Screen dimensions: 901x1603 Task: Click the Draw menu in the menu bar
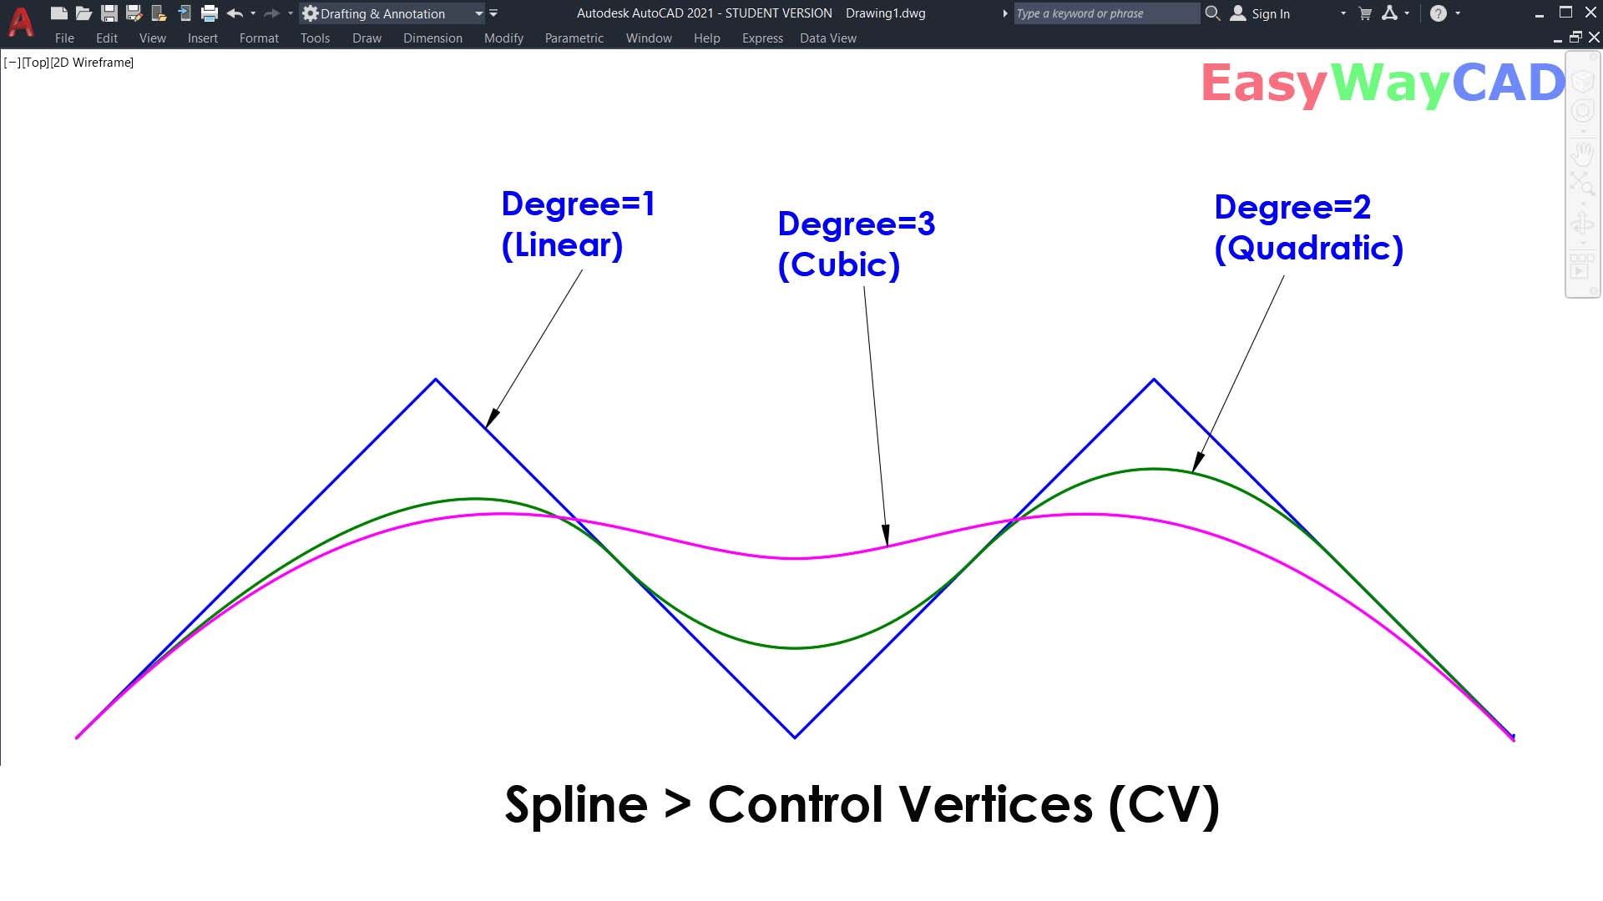367,38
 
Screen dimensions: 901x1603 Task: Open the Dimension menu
432,38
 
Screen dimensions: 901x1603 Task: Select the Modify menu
503,38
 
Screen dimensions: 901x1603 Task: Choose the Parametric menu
574,38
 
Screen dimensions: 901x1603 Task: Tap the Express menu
762,38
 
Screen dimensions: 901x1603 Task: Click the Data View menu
827,38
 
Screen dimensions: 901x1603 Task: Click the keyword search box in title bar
1105,13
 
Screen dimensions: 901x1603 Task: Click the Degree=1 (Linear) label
577,224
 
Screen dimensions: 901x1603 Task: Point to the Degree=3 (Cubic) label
856,244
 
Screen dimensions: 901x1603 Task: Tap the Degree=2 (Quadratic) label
1307,228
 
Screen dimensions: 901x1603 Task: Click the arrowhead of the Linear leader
491,419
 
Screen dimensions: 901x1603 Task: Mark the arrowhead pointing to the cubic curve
886,537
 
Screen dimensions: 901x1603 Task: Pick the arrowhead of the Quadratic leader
1197,463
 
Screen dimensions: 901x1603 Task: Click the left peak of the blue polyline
435,380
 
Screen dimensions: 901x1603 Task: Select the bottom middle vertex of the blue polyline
795,737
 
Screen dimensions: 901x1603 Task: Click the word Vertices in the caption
997,805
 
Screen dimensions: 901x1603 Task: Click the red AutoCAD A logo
20,22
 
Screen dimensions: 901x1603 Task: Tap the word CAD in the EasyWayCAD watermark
1508,83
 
